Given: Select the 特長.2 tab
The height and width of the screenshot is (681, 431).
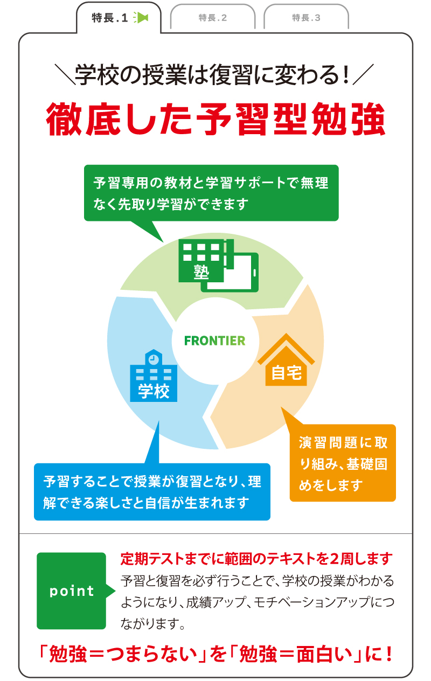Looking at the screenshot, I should pos(212,18).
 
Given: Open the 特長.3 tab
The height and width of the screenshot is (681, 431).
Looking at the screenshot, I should pos(306,18).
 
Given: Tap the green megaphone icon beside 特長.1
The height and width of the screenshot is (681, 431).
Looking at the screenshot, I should pos(141,18).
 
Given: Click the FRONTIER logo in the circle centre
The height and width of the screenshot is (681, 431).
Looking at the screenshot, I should pos(214,340).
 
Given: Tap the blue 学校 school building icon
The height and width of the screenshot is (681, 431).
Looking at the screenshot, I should pos(154,377).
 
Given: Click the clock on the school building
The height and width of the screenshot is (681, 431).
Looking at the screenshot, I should pos(154,358).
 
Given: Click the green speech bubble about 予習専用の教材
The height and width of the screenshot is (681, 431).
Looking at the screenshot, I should pos(211,193).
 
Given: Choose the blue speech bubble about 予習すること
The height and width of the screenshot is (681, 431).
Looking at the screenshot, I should pos(152,492).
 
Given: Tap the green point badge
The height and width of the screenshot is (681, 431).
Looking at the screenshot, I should pos(72,590).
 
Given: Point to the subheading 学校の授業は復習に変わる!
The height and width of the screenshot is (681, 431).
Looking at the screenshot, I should pos(214,75).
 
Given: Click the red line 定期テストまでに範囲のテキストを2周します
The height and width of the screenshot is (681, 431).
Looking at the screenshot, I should pos(256,559).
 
